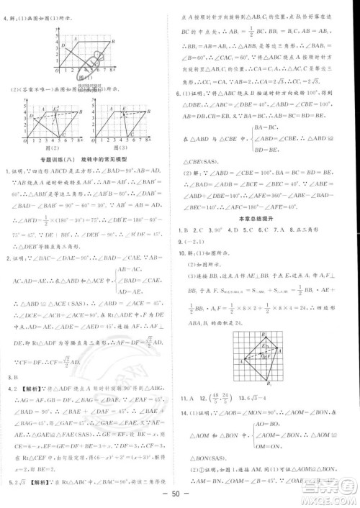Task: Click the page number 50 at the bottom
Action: click(x=179, y=497)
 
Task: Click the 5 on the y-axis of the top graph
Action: click(x=58, y=30)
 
